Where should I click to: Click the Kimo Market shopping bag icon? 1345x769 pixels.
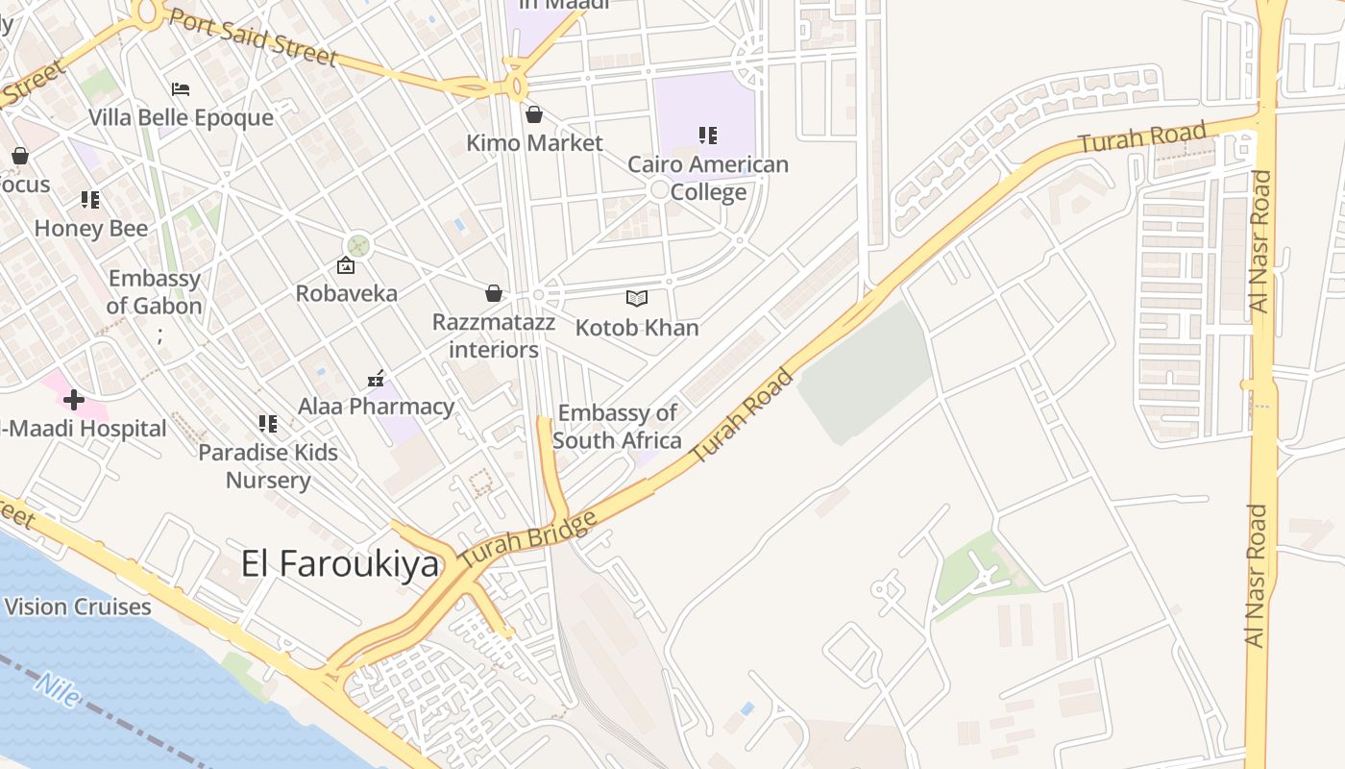[x=534, y=115]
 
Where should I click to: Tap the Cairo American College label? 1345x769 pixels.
[x=708, y=178]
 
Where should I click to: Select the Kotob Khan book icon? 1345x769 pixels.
[x=637, y=298]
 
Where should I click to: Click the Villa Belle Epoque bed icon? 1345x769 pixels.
[x=181, y=89]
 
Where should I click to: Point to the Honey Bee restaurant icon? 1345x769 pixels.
[x=90, y=200]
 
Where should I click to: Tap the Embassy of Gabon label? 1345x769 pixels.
[x=154, y=292]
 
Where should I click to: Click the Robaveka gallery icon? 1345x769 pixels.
[x=346, y=265]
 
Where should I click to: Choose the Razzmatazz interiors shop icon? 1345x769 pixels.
[x=494, y=293]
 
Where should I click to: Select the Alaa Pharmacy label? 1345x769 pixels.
[x=376, y=407]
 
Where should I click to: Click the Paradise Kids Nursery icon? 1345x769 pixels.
[x=267, y=423]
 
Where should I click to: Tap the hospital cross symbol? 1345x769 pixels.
[x=73, y=399]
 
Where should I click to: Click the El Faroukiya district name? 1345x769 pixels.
[x=339, y=564]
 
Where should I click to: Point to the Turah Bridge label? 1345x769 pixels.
[x=526, y=538]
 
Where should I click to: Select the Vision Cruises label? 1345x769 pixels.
[x=78, y=607]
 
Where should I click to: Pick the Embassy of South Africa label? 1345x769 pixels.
[x=617, y=427]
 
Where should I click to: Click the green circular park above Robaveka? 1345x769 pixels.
[x=358, y=245]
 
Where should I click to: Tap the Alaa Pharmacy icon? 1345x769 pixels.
[x=376, y=380]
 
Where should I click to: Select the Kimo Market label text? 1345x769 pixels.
[x=534, y=143]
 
